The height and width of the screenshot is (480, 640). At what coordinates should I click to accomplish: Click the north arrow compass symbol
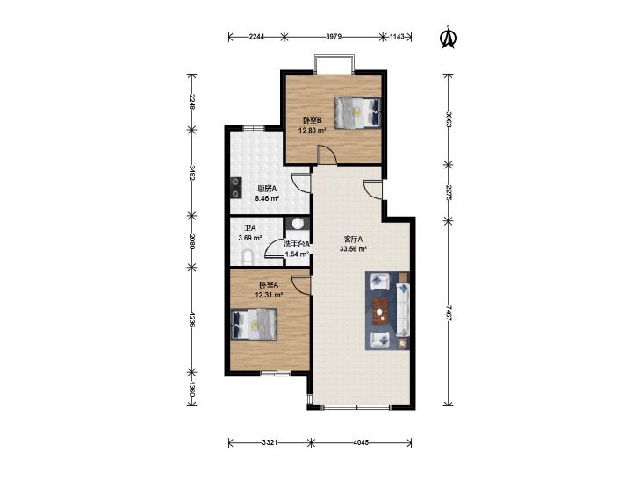coord(448,38)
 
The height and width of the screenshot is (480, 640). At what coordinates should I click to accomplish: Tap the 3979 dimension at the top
coord(334,37)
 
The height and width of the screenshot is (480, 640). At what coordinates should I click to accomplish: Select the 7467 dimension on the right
coord(449,313)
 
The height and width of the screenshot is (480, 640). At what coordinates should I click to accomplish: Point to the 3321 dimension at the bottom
coord(270,442)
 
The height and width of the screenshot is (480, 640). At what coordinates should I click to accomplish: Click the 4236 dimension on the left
coord(192,319)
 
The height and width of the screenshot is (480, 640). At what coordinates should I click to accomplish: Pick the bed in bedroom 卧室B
coord(357,112)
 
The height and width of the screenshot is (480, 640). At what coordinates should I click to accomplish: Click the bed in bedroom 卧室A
coord(254,324)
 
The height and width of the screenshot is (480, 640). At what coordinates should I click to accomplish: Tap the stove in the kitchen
coord(236,188)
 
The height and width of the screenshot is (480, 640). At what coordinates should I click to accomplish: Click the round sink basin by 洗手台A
coord(298,223)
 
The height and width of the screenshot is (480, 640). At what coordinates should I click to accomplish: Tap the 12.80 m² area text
coord(313,131)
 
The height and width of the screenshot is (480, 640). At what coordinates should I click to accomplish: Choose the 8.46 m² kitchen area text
coord(267,198)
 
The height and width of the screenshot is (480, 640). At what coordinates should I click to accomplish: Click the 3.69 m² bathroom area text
coord(250,237)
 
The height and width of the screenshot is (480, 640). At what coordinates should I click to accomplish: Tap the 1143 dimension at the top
coord(397,37)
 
